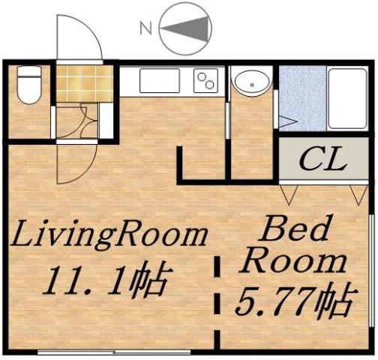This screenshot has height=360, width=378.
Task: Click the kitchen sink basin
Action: click(159, 80)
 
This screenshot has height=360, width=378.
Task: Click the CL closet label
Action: click(323, 159)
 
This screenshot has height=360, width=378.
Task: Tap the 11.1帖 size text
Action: click(105, 281)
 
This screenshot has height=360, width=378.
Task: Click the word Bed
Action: click(295, 229)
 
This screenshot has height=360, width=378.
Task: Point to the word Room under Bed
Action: click(296, 262)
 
